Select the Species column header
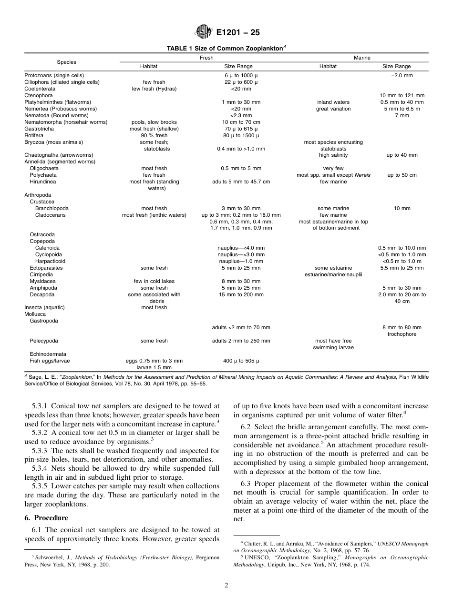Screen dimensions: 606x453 click(66, 62)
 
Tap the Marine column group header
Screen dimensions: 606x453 click(362, 58)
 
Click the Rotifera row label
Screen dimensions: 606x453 click(34, 135)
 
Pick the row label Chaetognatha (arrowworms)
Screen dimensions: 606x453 click(59, 155)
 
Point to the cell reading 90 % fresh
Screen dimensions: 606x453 click(154, 135)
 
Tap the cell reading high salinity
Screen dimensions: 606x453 click(333, 155)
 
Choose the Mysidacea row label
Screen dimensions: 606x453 click(41, 281)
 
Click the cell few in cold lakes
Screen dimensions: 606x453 click(154, 281)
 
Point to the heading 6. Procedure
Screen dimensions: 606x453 click(46, 518)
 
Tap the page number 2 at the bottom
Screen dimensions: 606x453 click(226, 586)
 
